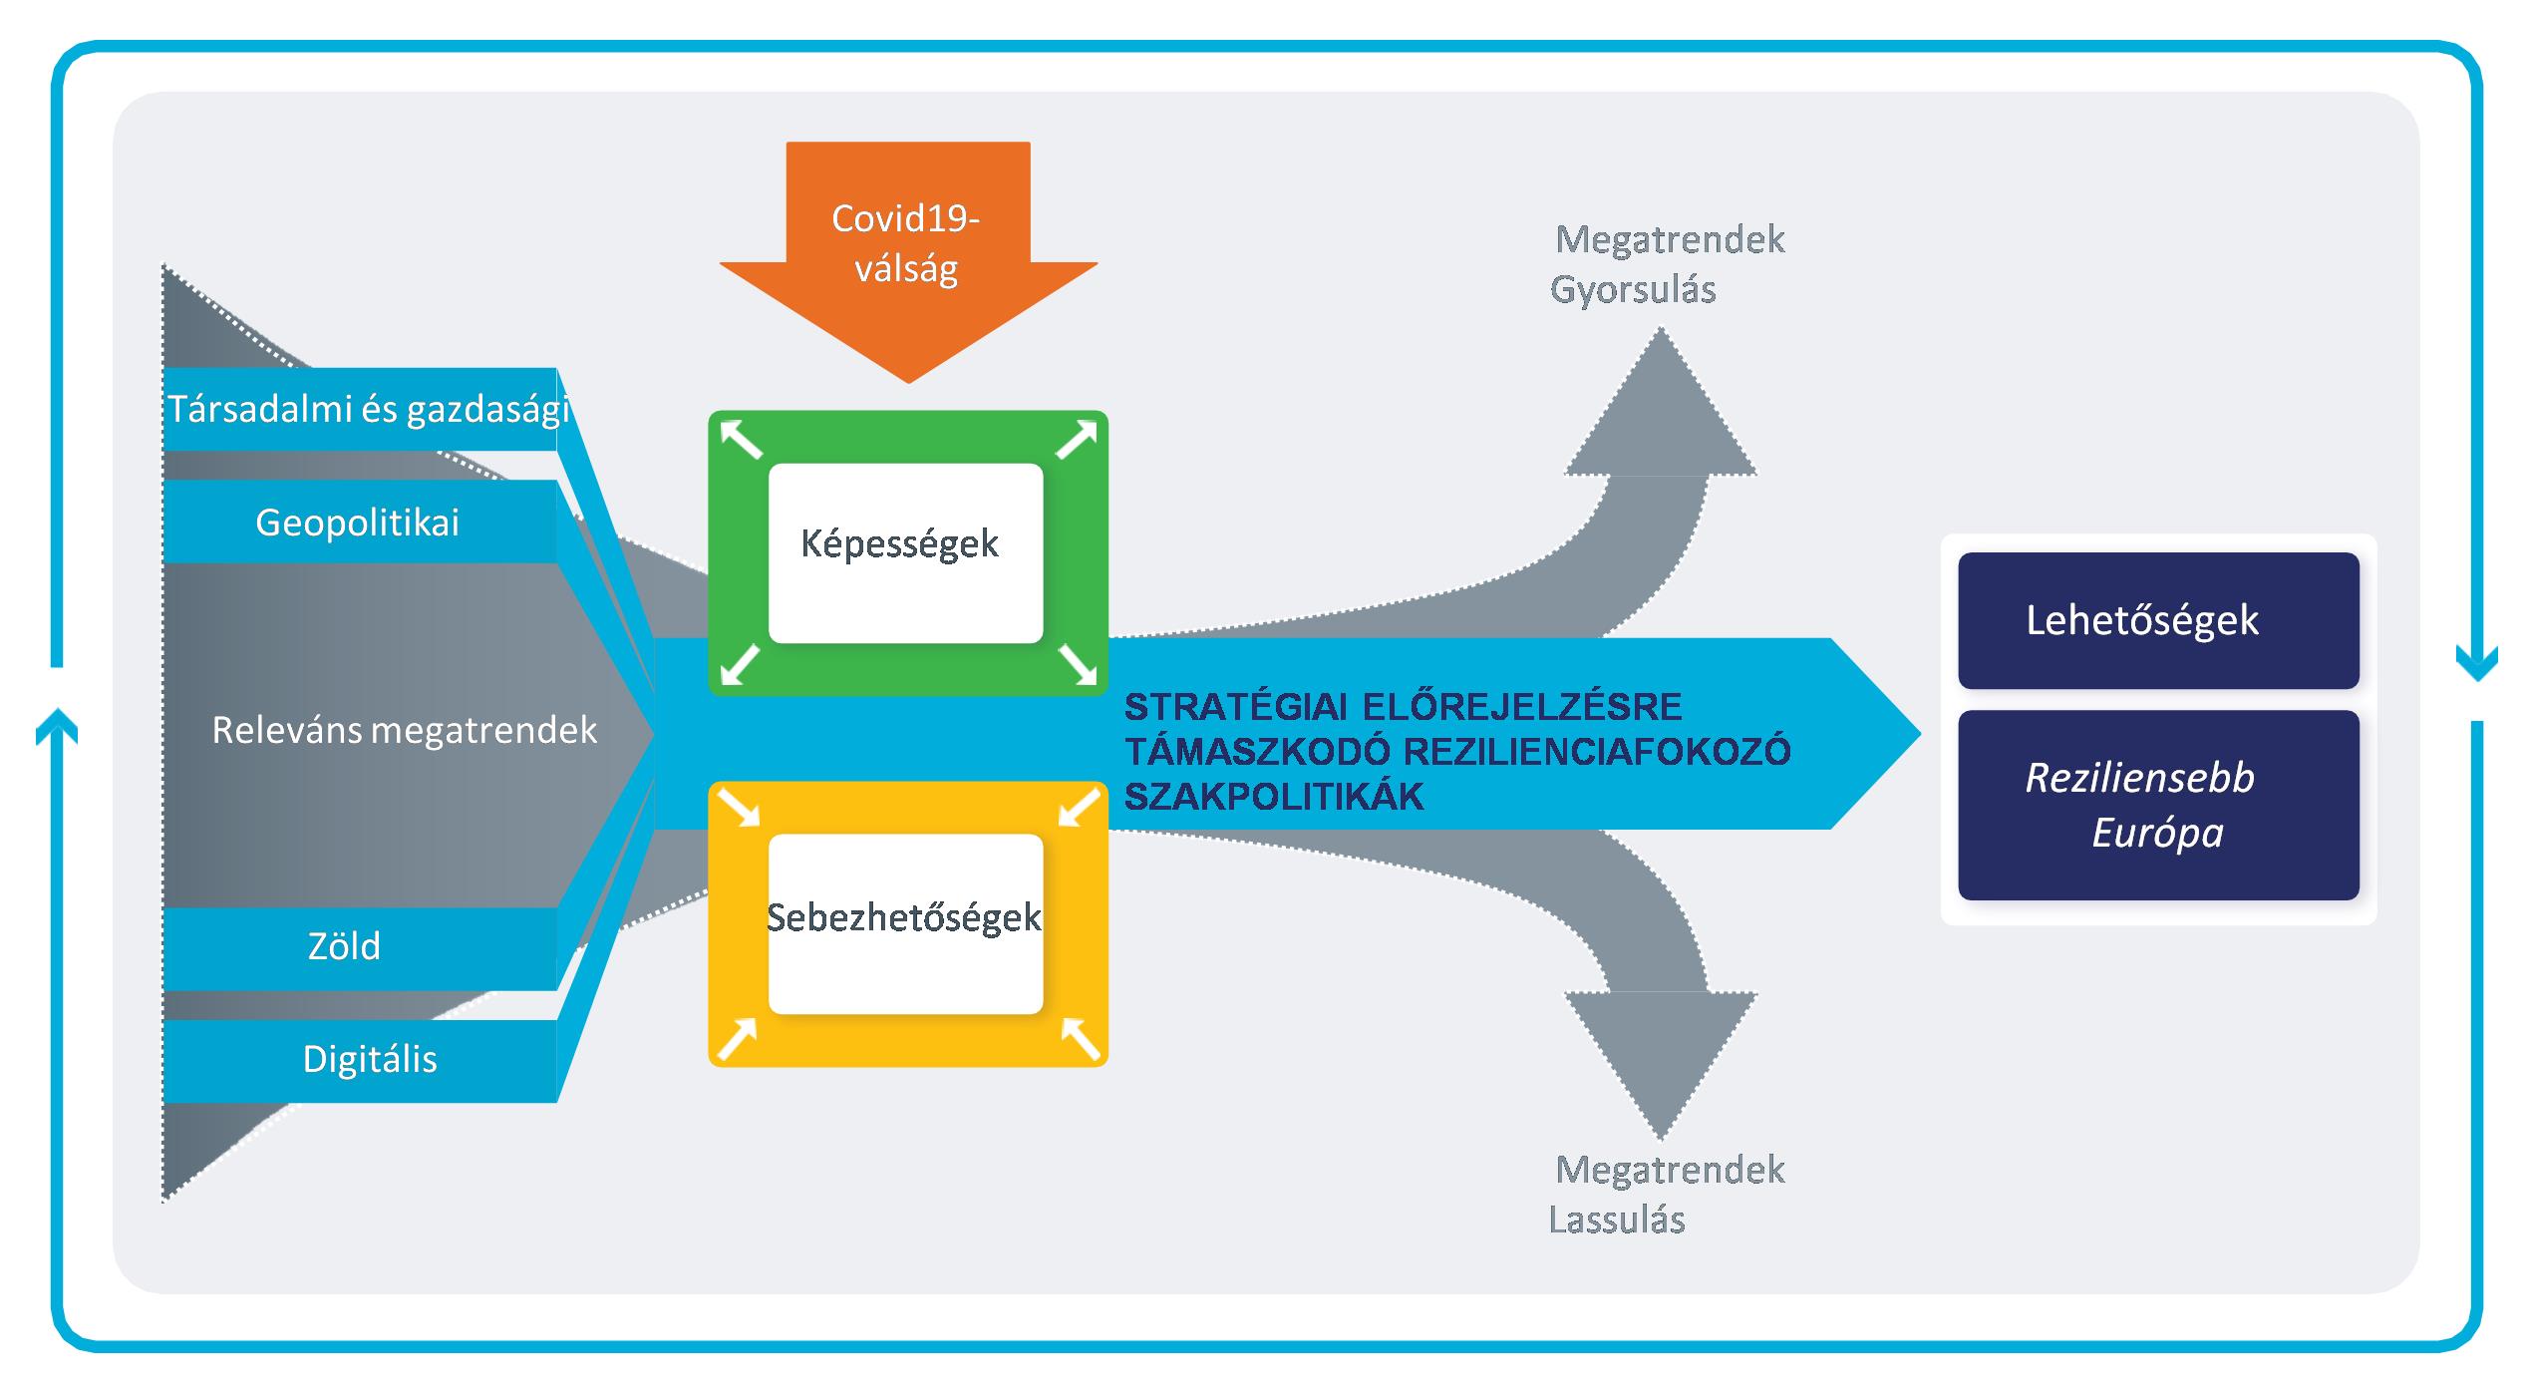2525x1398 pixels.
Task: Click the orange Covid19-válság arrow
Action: click(907, 249)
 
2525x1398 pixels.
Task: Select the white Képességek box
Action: click(905, 552)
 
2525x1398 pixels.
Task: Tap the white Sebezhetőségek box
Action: click(905, 922)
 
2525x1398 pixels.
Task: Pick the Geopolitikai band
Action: click(359, 523)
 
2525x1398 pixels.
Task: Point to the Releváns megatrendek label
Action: click(404, 731)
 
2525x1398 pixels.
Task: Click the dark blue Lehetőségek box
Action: click(2157, 620)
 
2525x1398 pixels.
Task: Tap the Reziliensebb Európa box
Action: click(2157, 805)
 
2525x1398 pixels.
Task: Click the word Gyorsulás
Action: click(1633, 290)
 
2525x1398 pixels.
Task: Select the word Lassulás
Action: click(1617, 1221)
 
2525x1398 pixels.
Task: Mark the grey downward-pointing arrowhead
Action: click(1661, 1057)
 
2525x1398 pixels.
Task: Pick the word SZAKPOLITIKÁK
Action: click(1274, 797)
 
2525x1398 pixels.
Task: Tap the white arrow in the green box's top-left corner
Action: click(741, 440)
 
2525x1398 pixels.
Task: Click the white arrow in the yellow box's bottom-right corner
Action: click(1080, 1038)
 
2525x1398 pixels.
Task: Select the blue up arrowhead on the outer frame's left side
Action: click(57, 725)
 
